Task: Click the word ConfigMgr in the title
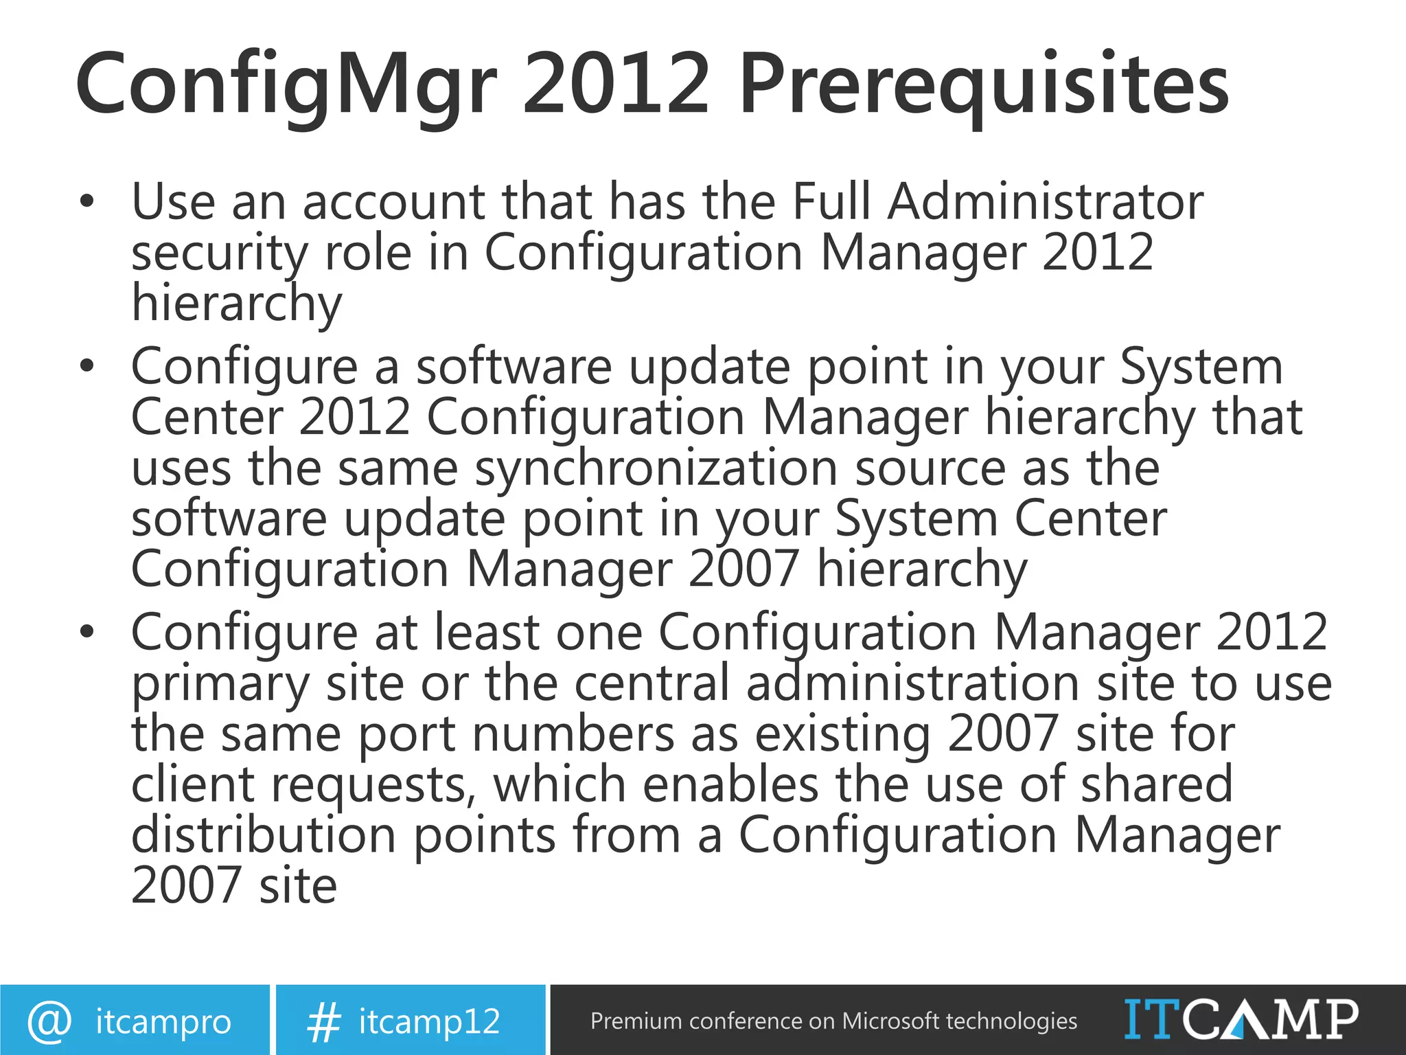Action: [x=286, y=86]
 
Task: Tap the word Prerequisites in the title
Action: [x=983, y=86]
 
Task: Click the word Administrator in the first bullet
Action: [x=1045, y=202]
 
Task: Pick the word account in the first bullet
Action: [x=394, y=203]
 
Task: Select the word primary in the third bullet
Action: [x=220, y=685]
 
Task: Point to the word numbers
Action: [x=573, y=734]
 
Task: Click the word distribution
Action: [x=264, y=835]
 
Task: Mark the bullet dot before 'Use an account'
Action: [x=86, y=202]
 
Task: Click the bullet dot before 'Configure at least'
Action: [x=86, y=633]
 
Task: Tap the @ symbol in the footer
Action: [x=49, y=1021]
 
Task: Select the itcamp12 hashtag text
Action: [x=429, y=1021]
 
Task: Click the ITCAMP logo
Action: [x=1241, y=1019]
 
